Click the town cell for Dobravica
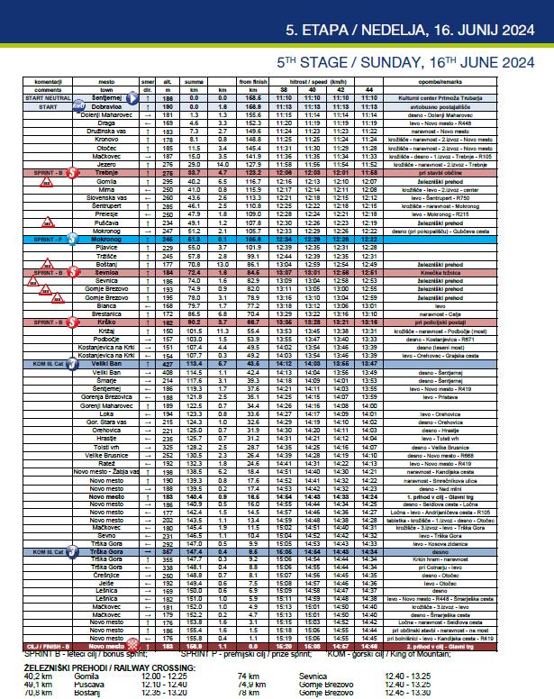pyautogui.click(x=106, y=105)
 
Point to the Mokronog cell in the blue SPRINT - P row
pyautogui.click(x=106, y=238)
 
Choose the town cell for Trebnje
pyautogui.click(x=106, y=172)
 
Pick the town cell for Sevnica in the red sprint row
pyautogui.click(x=106, y=271)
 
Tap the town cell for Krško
pyautogui.click(x=106, y=321)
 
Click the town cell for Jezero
pyautogui.click(x=106, y=164)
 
